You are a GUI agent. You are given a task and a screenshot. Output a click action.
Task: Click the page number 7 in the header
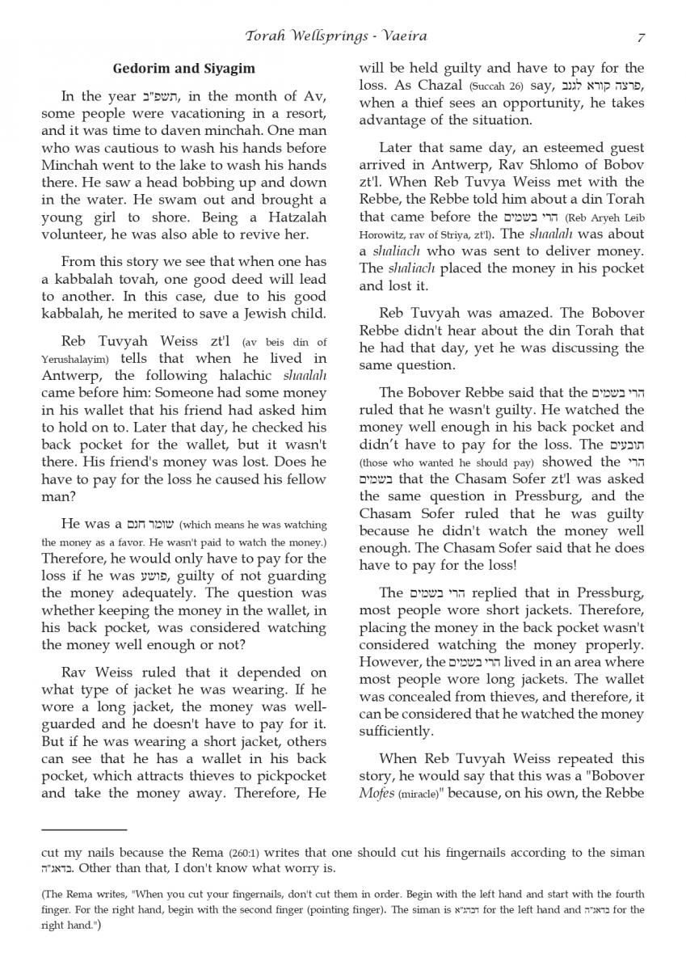(x=640, y=36)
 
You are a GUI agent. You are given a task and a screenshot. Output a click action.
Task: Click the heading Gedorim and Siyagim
(x=184, y=69)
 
